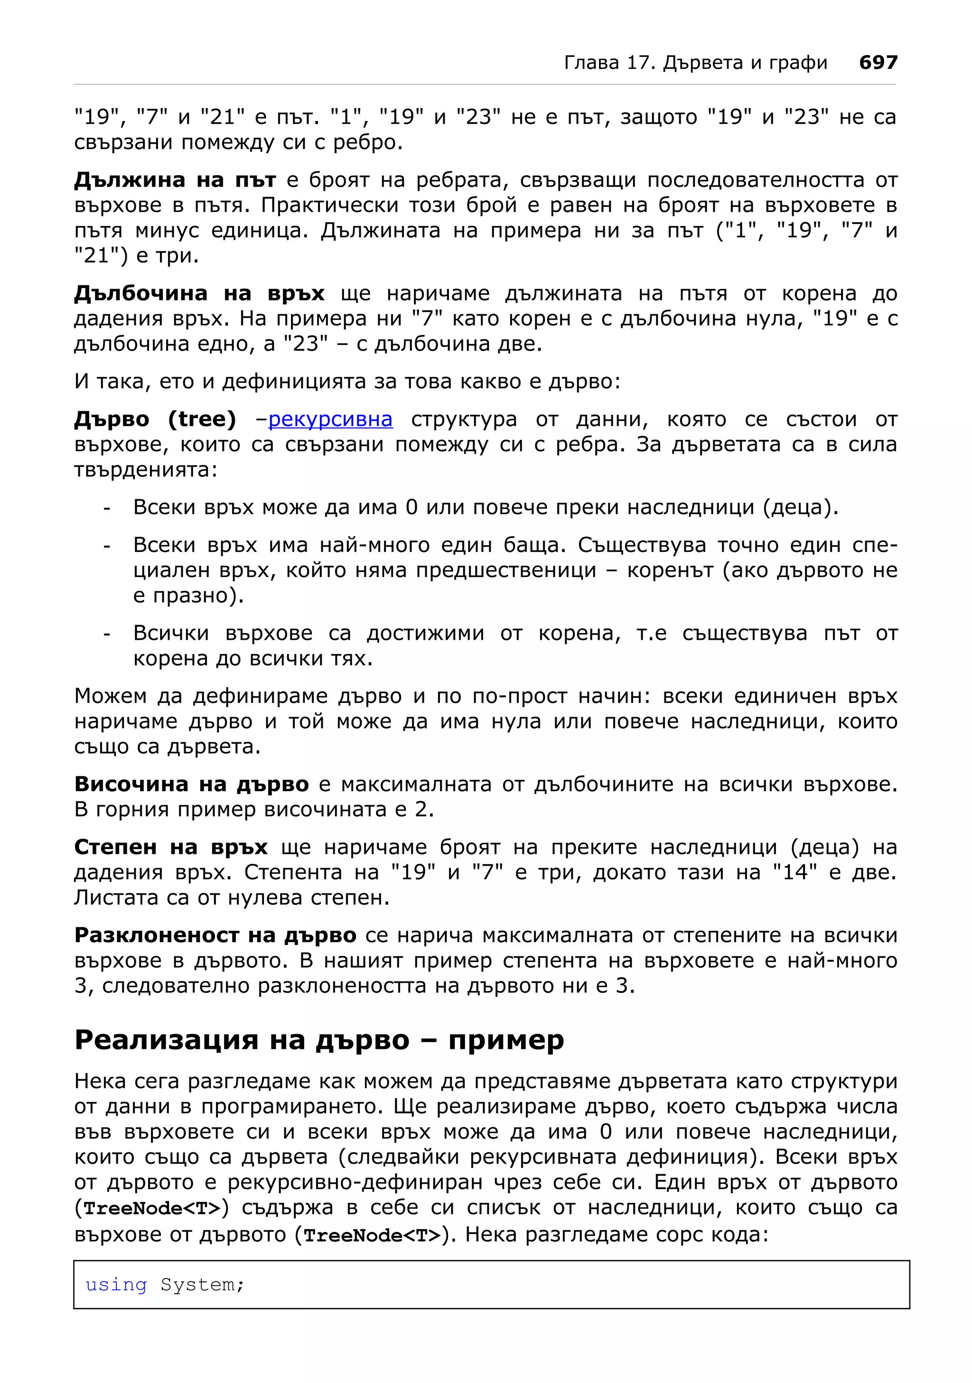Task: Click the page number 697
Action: coord(878,63)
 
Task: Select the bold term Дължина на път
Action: coord(175,180)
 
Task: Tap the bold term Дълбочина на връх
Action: coord(199,293)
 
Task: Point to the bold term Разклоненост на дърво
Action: coord(215,935)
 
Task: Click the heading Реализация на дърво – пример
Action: coord(319,1040)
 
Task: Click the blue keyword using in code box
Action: coord(116,1285)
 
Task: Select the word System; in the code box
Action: coord(202,1285)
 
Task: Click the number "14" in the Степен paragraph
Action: coord(795,872)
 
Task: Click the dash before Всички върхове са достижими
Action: coord(107,634)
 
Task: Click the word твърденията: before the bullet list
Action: coord(146,470)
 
